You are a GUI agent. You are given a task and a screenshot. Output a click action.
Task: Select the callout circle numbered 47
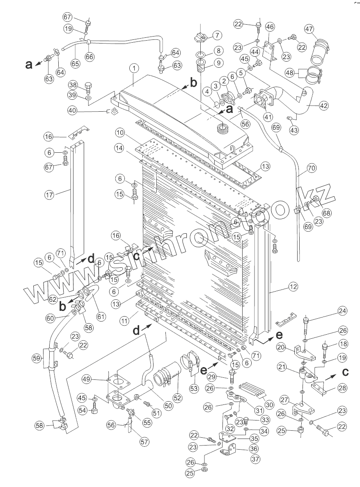pyautogui.click(x=310, y=30)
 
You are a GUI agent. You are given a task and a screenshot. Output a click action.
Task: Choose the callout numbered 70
pyautogui.click(x=312, y=168)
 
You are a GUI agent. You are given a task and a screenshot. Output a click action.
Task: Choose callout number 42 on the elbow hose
pyautogui.click(x=323, y=105)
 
